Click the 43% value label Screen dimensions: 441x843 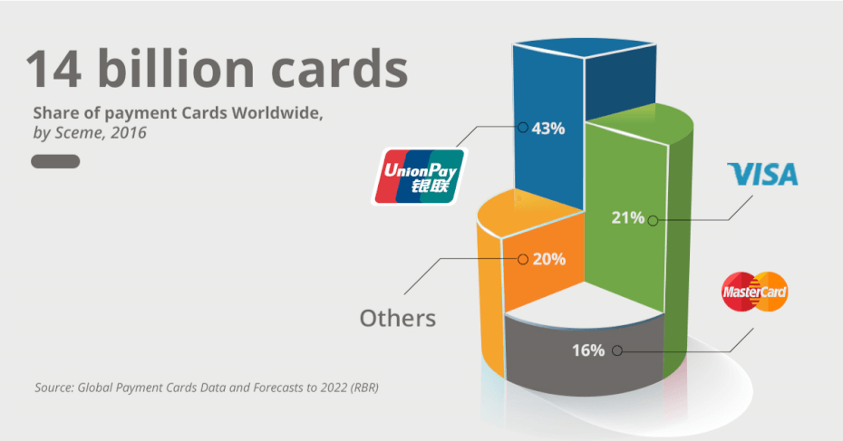coord(548,129)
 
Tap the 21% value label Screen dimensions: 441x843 coord(627,217)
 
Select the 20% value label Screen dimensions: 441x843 coord(549,259)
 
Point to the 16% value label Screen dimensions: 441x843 coord(587,350)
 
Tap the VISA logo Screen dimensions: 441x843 coord(763,174)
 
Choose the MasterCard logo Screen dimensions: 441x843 coord(754,292)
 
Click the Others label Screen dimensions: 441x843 coord(397,319)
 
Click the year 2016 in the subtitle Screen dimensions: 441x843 coord(130,132)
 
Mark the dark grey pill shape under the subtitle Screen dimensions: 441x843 coord(56,162)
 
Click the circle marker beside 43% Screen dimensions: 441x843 coord(522,128)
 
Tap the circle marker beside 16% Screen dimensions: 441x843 coord(617,350)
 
